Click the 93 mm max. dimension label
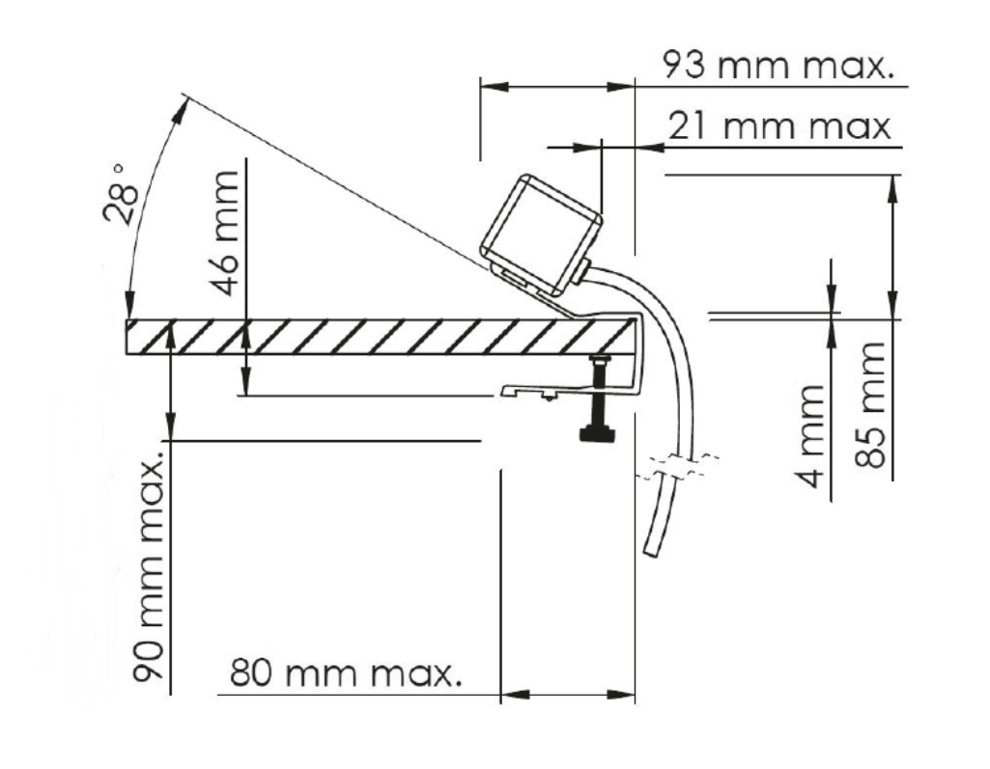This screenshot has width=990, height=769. [778, 66]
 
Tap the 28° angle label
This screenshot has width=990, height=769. [123, 194]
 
